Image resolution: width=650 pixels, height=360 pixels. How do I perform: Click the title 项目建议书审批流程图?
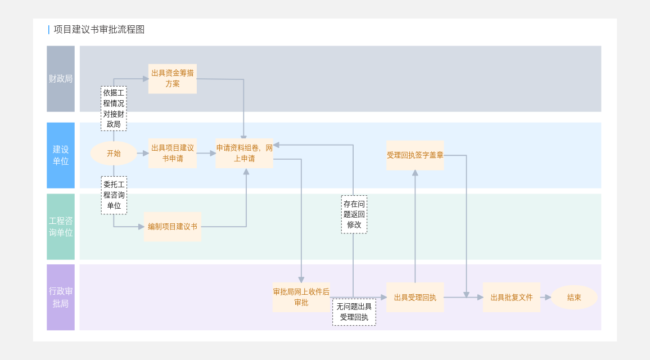click(x=99, y=30)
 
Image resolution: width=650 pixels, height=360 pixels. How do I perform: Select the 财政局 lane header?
click(x=61, y=79)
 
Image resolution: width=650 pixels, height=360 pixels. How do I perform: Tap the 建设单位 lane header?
click(x=61, y=155)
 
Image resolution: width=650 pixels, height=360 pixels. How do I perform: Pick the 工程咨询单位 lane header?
click(x=61, y=227)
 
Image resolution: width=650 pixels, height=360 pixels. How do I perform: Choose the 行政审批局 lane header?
click(x=61, y=298)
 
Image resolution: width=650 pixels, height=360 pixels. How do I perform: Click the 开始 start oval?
click(x=114, y=154)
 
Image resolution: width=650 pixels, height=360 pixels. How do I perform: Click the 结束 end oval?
click(x=574, y=298)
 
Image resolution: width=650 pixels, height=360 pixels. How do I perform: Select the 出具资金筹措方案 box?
click(x=173, y=79)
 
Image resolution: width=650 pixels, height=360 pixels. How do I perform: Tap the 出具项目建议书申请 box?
click(x=173, y=153)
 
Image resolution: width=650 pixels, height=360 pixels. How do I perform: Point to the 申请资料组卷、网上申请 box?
click(x=245, y=153)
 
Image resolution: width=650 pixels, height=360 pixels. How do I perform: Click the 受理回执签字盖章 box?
click(x=415, y=155)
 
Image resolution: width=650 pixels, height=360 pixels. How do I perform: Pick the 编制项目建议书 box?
click(x=173, y=227)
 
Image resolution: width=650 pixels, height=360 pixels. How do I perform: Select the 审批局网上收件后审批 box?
click(x=301, y=298)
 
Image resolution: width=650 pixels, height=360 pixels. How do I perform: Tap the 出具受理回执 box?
click(x=415, y=298)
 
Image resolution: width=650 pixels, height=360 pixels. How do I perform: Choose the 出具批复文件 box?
click(x=512, y=298)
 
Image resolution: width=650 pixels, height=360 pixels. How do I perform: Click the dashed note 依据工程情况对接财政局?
click(x=114, y=109)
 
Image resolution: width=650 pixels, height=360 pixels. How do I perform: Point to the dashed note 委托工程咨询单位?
click(x=114, y=195)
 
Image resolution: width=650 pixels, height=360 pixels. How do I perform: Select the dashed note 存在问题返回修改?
click(x=354, y=214)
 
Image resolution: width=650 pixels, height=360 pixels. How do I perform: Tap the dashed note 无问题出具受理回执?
click(x=354, y=312)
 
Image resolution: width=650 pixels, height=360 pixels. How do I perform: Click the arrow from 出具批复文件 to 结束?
click(x=546, y=298)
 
